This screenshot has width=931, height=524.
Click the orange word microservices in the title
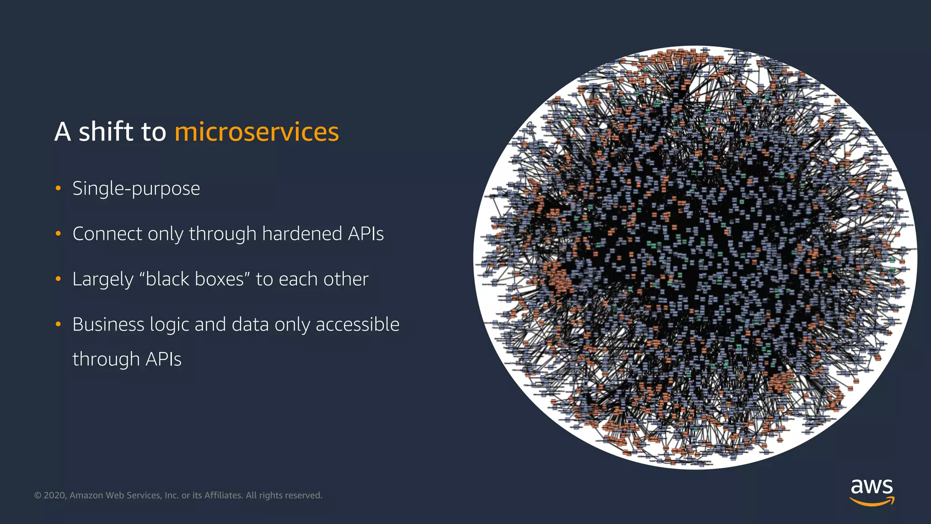point(256,132)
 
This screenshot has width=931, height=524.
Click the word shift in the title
point(106,132)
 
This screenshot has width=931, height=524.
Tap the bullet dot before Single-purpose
point(58,188)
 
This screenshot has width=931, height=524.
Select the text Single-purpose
point(136,188)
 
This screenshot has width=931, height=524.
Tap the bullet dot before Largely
point(58,279)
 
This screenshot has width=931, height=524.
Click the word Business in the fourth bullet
point(108,324)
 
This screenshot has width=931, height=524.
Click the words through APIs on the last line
point(127,359)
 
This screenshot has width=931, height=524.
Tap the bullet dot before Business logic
point(58,324)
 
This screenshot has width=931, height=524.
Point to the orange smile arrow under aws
point(871,502)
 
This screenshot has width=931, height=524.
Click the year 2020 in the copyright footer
point(55,495)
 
